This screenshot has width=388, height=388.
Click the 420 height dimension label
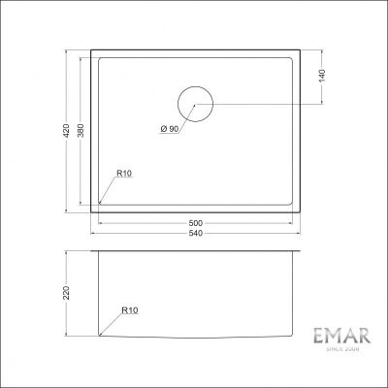pos(66,131)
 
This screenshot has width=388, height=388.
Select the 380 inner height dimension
pos(81,131)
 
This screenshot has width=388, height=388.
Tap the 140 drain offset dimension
pos(322,76)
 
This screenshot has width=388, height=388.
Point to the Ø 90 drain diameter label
pos(170,129)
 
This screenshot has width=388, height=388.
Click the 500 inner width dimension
pos(196,223)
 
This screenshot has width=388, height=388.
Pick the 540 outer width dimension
pos(196,233)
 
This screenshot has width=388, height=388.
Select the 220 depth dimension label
pos(66,293)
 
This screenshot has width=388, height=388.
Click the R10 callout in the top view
pos(124,174)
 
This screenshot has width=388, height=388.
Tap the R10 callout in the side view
pos(130,310)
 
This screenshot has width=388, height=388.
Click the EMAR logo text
pos(342,337)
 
